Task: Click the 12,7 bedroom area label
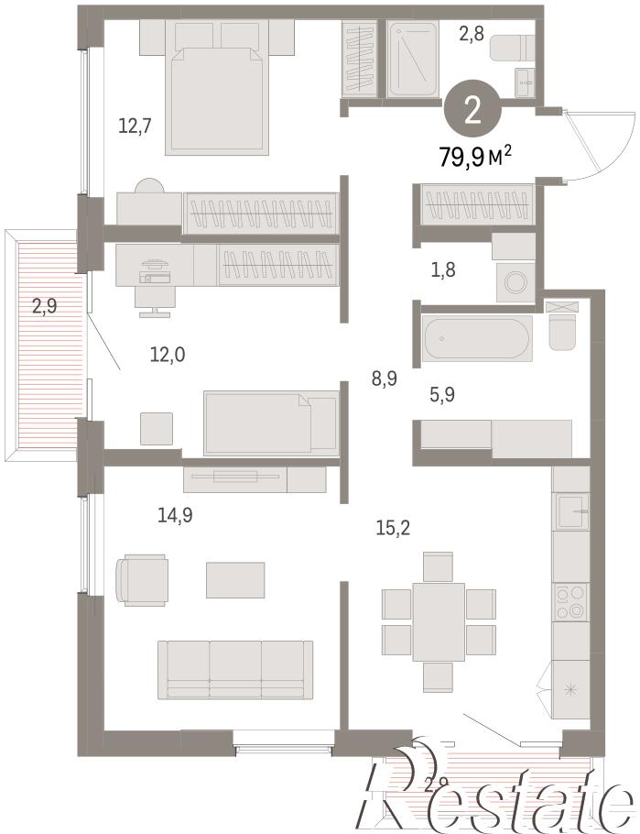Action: (135, 126)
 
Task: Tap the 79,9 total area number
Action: (461, 158)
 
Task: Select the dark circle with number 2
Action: (472, 108)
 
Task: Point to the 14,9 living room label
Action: (175, 515)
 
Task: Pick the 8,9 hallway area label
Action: (384, 379)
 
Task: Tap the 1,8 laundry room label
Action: (442, 270)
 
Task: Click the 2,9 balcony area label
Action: (45, 307)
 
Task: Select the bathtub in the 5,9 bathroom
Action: (476, 338)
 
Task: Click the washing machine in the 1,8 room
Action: (515, 282)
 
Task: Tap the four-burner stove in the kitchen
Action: (571, 603)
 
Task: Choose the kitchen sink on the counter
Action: (572, 511)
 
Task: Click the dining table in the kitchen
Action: (439, 621)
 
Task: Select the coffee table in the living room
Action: (235, 579)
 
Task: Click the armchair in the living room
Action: (143, 580)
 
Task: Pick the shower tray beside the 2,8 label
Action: (413, 59)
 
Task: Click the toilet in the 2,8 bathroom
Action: (512, 48)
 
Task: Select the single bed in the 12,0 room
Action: (271, 422)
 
